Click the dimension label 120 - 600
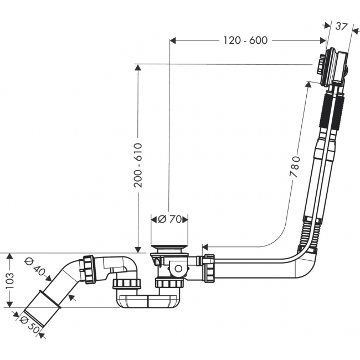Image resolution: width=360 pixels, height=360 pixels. click(x=245, y=40)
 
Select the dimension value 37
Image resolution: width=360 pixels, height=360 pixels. click(x=341, y=27)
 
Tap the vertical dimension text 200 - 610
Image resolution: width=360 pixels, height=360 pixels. click(x=138, y=165)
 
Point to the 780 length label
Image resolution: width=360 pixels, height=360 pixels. click(x=295, y=167)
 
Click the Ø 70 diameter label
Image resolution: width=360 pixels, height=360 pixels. click(x=170, y=219)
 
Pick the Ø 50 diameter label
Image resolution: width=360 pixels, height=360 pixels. click(x=29, y=325)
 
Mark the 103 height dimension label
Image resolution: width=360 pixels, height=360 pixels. click(x=9, y=281)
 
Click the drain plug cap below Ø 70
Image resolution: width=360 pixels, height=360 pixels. click(x=170, y=248)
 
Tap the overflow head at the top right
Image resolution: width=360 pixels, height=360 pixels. click(x=333, y=66)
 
